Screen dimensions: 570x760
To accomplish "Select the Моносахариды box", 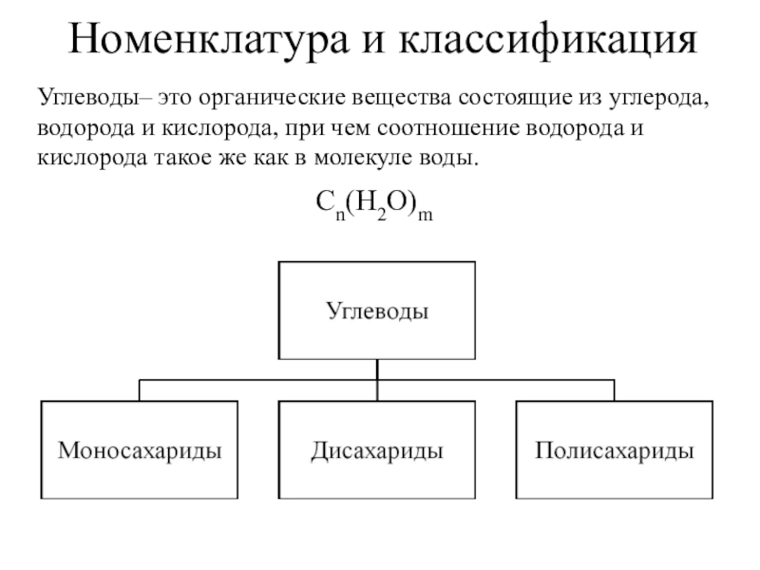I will [140, 449].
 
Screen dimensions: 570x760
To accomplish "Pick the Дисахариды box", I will [377, 449].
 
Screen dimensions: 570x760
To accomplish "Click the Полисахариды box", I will [614, 449].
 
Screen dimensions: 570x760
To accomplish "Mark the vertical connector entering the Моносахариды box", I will [140, 390].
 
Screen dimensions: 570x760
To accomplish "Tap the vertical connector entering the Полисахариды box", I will [614, 390].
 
